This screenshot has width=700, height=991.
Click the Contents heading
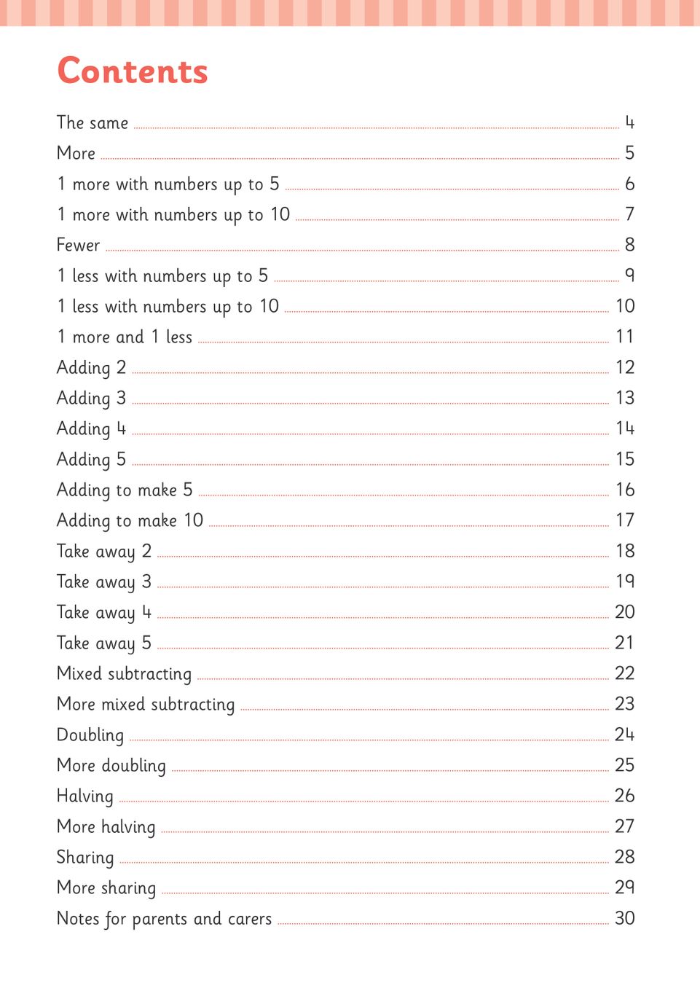click(133, 71)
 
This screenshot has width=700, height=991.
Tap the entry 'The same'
click(93, 123)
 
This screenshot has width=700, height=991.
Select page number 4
click(629, 122)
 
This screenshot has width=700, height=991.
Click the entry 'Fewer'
click(78, 246)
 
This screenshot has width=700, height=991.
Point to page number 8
click(629, 245)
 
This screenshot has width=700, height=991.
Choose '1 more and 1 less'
click(125, 337)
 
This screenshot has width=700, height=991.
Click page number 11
click(624, 337)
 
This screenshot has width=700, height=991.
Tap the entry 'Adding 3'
click(91, 399)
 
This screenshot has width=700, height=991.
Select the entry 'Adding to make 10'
click(130, 521)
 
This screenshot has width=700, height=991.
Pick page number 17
click(624, 520)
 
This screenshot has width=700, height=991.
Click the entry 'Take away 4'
click(104, 613)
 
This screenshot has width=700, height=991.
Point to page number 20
click(624, 612)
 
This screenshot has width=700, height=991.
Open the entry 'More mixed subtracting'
click(146, 705)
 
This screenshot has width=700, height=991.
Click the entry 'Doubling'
click(90, 735)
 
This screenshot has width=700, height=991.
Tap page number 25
click(624, 765)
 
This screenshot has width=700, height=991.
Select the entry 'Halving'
click(85, 796)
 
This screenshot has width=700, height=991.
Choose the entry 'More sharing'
click(106, 888)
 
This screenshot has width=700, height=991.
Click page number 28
click(624, 857)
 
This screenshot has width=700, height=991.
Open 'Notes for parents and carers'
click(164, 919)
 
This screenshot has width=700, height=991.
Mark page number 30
click(624, 918)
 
